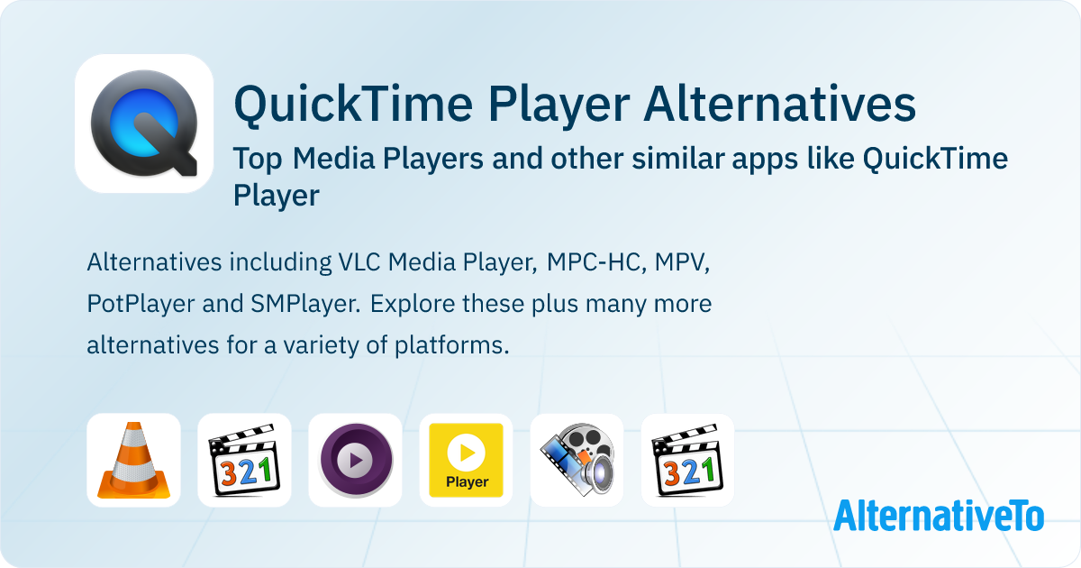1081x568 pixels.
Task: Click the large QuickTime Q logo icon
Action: (144, 124)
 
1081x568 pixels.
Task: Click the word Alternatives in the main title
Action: (779, 104)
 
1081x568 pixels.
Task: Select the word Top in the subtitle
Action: (258, 159)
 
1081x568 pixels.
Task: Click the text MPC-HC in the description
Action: (596, 262)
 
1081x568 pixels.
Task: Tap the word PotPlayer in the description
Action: (141, 304)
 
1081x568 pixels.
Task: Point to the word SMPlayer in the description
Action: (305, 304)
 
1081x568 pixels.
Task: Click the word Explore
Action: (412, 304)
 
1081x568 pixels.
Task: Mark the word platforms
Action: (452, 345)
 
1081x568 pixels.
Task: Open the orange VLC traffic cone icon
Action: (133, 461)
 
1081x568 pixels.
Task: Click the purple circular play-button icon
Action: (355, 461)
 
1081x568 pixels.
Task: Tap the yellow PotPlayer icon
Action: (467, 461)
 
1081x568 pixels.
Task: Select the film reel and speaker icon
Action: (577, 459)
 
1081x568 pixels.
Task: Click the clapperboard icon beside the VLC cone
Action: (245, 459)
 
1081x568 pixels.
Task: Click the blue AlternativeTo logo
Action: (939, 516)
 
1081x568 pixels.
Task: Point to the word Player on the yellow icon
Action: (467, 482)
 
